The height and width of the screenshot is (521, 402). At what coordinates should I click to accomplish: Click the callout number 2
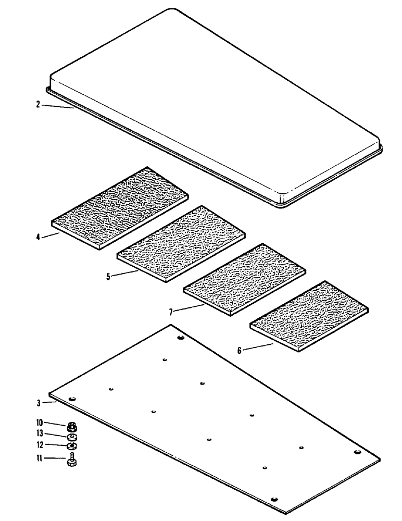(38, 104)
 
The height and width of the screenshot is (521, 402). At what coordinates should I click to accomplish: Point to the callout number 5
(108, 277)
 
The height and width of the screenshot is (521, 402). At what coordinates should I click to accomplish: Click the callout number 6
(239, 351)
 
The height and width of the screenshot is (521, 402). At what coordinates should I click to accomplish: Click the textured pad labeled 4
(120, 208)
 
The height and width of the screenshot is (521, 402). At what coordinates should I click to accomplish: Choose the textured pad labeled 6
(309, 316)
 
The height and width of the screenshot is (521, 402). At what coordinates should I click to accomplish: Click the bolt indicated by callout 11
(71, 461)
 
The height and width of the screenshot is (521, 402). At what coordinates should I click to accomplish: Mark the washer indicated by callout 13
(71, 436)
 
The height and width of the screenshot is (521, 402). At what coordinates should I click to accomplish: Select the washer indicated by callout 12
(71, 446)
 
